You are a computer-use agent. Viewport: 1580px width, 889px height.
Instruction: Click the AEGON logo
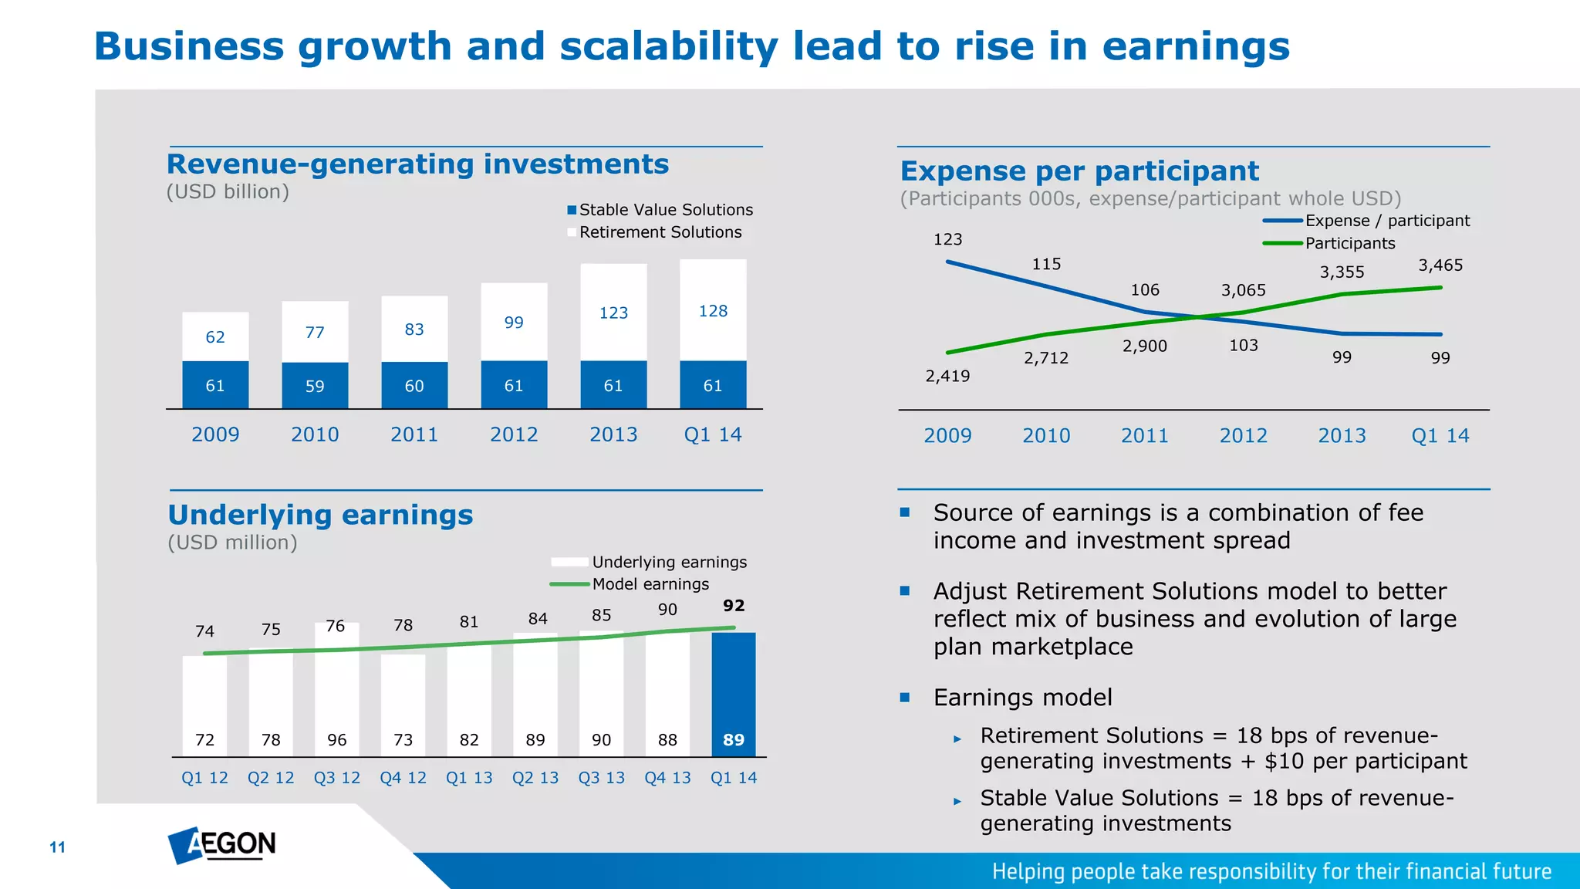222,845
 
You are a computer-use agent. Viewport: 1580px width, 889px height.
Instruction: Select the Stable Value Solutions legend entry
660,210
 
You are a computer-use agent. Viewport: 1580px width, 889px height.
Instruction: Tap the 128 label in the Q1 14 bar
713,311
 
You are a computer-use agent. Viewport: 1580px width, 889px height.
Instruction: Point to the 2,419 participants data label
947,376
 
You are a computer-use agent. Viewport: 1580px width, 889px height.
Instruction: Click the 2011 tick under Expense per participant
1144,436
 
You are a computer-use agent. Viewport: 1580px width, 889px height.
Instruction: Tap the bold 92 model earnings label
734,606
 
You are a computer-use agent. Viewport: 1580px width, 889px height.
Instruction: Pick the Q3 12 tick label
336,778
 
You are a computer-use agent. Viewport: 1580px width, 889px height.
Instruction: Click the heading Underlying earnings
320,515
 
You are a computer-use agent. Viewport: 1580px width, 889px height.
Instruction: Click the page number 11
58,847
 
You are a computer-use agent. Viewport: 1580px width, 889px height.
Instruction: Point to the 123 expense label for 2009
947,239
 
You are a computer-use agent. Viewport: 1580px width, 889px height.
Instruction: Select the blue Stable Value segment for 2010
315,385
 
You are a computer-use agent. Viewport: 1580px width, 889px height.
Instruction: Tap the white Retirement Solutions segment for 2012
514,321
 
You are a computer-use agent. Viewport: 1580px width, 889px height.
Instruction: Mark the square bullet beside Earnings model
905,698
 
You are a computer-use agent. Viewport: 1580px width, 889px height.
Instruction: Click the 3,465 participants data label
1440,265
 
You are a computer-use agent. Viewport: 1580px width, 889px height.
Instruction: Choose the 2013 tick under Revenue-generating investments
613,435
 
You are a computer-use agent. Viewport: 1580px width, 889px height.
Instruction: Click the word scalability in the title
668,46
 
